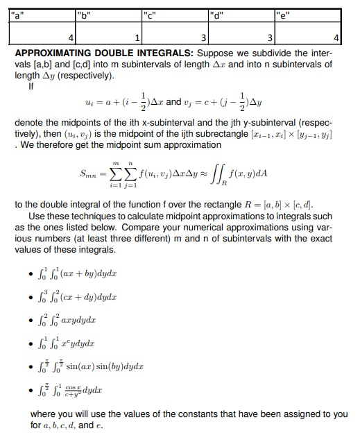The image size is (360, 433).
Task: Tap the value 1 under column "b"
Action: coord(137,36)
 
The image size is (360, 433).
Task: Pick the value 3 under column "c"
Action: coord(203,36)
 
